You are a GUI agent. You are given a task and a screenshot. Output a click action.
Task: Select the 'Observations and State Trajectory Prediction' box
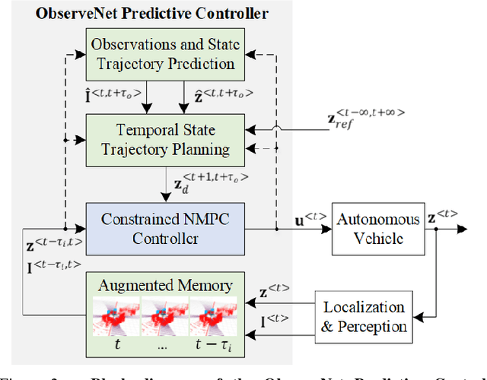click(x=162, y=55)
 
